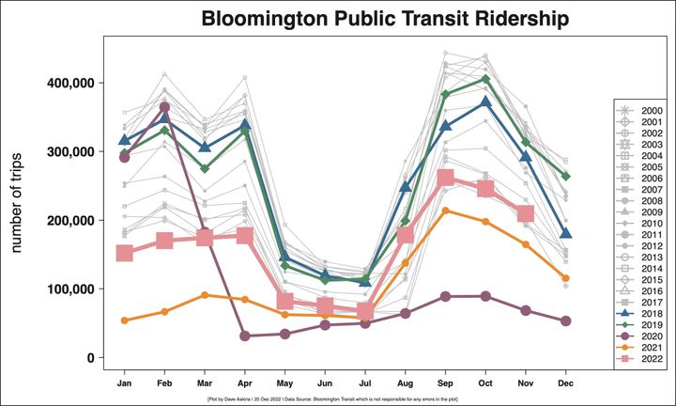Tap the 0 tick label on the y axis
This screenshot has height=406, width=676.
click(x=90, y=358)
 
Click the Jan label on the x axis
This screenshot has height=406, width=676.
click(x=124, y=383)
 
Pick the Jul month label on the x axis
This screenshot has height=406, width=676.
click(x=365, y=383)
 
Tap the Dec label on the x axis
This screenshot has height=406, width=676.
click(x=566, y=383)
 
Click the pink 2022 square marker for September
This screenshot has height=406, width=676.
click(x=446, y=179)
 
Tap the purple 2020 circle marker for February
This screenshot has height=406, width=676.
click(x=164, y=107)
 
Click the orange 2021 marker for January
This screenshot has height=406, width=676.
click(x=124, y=320)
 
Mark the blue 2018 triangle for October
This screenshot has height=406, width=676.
click(x=485, y=102)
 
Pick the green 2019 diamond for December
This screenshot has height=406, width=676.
click(x=566, y=177)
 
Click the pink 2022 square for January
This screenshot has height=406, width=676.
click(x=124, y=254)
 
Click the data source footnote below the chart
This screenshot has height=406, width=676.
click(x=338, y=398)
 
